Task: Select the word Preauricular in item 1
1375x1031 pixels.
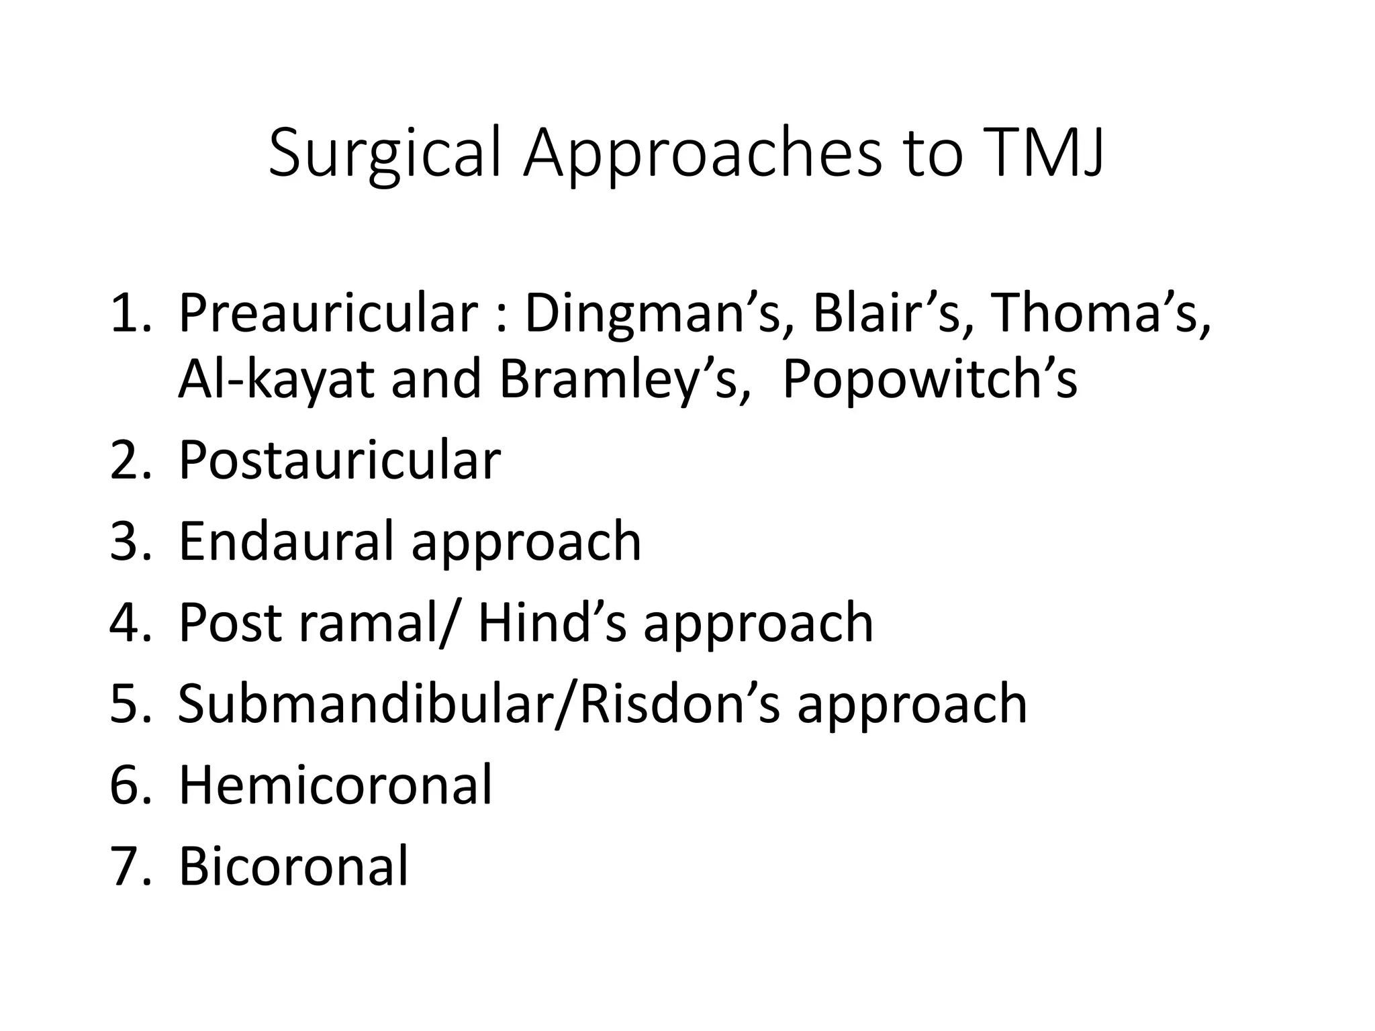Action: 328,313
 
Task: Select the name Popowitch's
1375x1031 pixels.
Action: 929,379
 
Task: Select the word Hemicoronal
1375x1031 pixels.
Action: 335,785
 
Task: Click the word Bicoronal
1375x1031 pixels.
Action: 293,866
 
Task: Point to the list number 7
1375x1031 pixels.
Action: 124,866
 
